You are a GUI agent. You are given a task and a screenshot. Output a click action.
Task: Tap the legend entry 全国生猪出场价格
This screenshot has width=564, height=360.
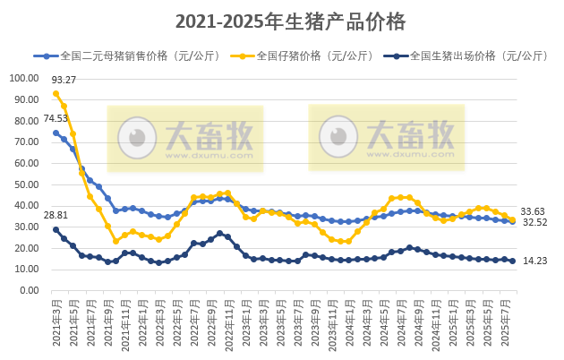(465, 56)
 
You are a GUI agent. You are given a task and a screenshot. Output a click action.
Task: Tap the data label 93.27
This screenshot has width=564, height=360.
(64, 79)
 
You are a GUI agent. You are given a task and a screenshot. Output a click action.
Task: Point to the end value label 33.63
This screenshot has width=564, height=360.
(534, 211)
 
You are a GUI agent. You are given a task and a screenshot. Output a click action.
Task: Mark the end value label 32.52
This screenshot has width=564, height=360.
(534, 223)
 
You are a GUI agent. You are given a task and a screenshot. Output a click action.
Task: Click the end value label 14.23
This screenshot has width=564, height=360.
(534, 261)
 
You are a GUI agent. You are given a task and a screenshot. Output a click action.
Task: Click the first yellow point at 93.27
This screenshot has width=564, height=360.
(56, 93)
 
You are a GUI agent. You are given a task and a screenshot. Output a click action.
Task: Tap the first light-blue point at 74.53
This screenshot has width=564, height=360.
(56, 133)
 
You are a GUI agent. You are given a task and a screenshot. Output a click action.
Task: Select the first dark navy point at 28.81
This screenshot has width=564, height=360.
(56, 229)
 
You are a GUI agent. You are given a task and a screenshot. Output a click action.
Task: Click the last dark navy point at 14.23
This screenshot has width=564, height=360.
(512, 261)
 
